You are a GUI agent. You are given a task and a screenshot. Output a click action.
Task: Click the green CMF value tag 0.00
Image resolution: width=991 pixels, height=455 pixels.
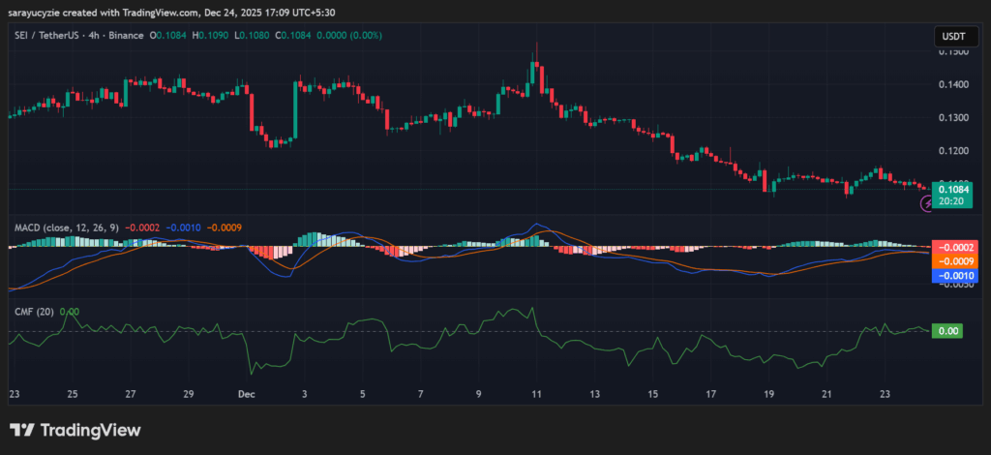[948, 331]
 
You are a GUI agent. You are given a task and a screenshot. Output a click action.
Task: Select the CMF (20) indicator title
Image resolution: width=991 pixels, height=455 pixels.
[32, 312]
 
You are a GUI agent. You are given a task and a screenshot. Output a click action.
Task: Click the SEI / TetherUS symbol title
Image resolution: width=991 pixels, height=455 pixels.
[49, 36]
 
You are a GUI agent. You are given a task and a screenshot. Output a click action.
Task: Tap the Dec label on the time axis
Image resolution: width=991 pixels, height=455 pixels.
[246, 394]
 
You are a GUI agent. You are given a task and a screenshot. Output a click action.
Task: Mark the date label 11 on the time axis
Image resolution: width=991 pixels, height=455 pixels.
[536, 394]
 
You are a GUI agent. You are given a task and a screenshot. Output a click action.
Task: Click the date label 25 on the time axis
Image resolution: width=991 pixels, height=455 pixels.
[72, 394]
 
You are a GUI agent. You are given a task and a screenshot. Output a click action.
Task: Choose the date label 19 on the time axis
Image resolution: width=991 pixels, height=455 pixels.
[768, 394]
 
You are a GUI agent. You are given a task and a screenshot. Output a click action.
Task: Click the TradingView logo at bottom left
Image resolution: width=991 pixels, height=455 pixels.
[75, 430]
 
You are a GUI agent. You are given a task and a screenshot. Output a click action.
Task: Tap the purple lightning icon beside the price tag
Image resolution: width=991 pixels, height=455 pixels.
[925, 204]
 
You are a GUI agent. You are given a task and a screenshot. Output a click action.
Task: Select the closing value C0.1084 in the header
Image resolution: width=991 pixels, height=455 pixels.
[296, 36]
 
